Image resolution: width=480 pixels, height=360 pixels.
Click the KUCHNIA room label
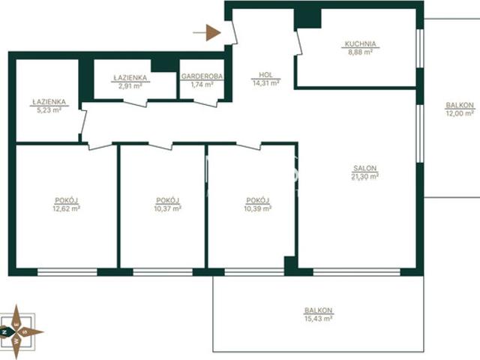click(x=360, y=43)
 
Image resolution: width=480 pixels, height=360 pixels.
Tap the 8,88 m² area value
click(x=360, y=52)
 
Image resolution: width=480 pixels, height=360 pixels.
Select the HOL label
click(x=265, y=75)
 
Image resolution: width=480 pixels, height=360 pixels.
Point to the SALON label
click(x=365, y=168)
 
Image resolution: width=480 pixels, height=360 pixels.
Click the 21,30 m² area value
click(x=365, y=176)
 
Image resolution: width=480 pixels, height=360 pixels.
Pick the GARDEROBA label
click(x=202, y=76)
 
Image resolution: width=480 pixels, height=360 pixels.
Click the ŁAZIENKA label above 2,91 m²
click(x=130, y=78)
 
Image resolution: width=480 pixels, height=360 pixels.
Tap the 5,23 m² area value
click(x=49, y=110)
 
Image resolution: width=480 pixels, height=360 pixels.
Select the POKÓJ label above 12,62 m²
click(x=67, y=200)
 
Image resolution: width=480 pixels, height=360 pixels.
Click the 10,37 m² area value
click(x=168, y=208)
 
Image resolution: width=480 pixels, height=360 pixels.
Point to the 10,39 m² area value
click(x=258, y=208)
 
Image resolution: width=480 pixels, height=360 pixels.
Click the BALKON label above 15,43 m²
click(x=318, y=310)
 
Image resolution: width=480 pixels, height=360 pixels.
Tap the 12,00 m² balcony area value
click(x=460, y=113)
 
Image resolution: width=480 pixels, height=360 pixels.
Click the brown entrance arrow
click(x=207, y=32)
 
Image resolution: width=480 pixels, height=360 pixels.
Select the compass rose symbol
click(x=18, y=331)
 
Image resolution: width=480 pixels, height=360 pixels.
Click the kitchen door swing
click(x=299, y=43)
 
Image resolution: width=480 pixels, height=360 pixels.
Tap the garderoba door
click(x=205, y=103)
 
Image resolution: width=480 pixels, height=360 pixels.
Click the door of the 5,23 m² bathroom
click(x=83, y=122)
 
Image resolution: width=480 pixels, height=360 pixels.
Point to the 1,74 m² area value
click(x=202, y=85)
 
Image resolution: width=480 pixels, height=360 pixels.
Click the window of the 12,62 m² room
click(x=67, y=272)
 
